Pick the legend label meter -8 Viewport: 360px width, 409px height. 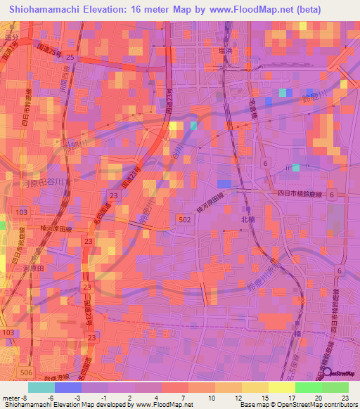tap(14, 396)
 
